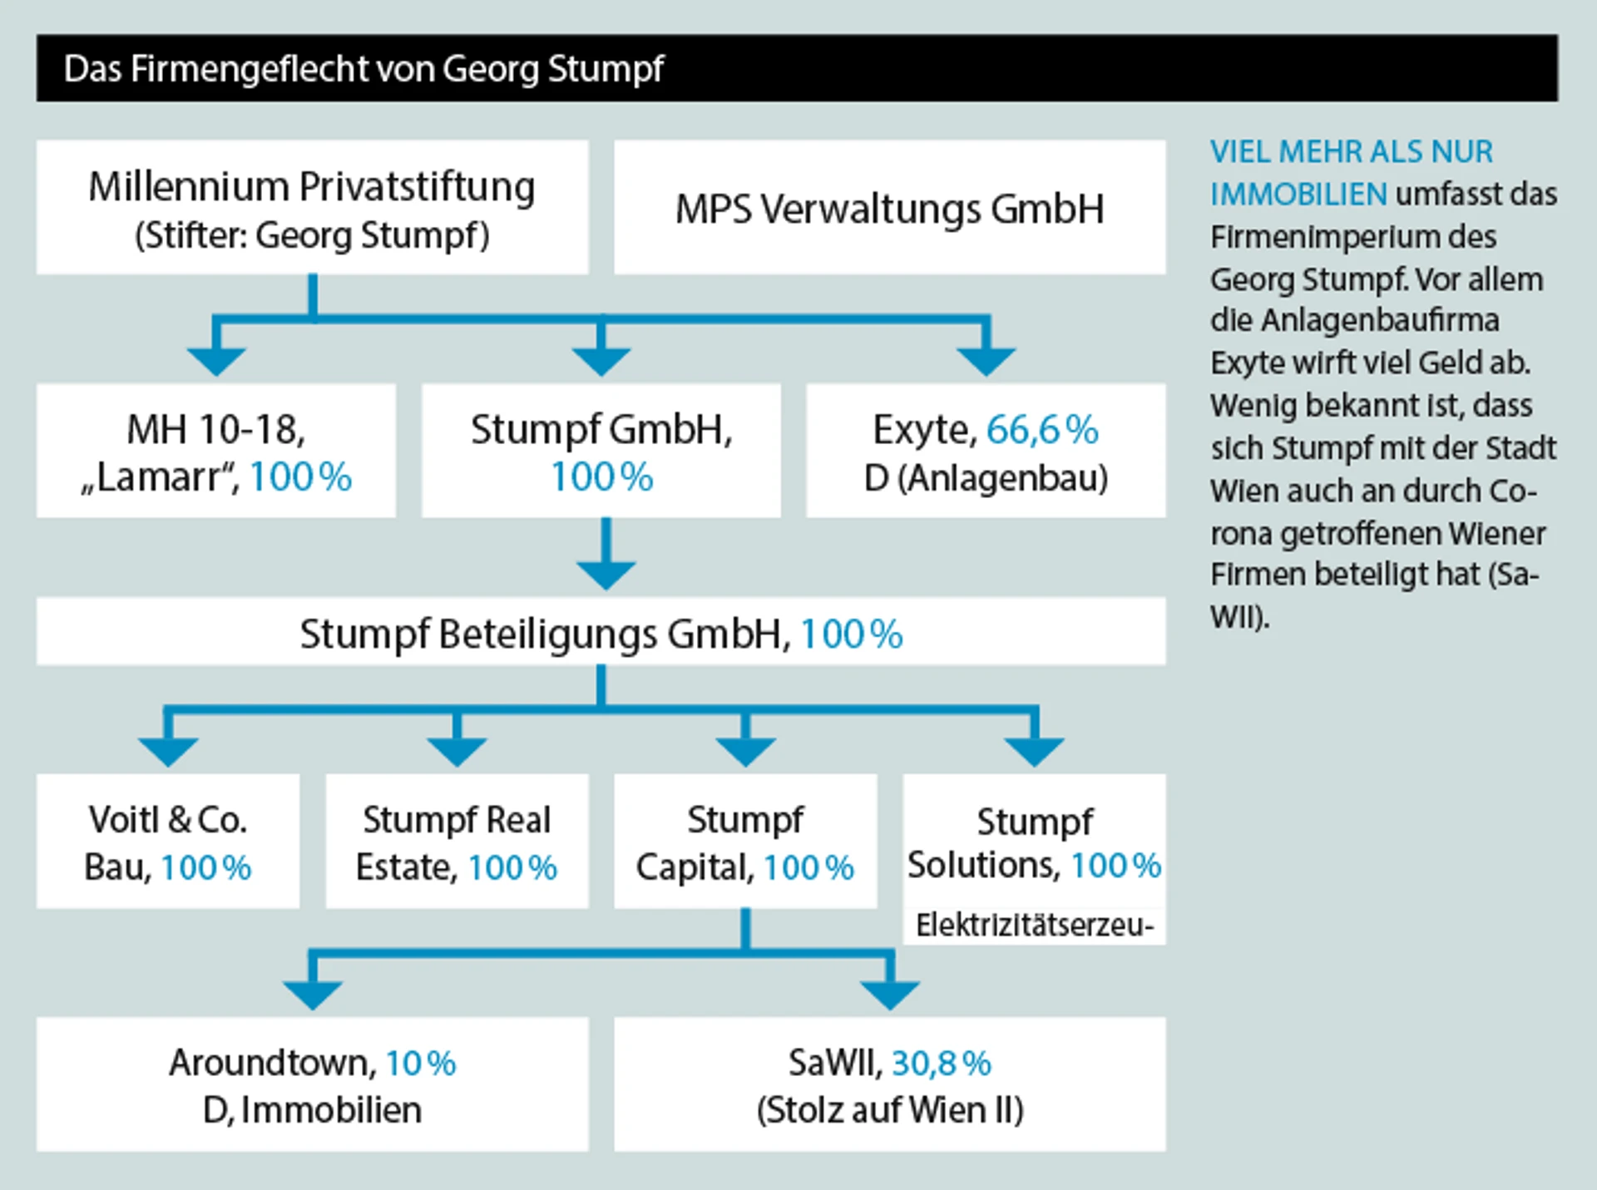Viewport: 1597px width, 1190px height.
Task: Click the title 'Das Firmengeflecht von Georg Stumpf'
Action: coord(363,69)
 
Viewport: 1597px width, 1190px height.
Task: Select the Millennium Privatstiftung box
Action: coord(312,208)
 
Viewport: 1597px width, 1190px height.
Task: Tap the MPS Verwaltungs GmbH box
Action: coord(889,208)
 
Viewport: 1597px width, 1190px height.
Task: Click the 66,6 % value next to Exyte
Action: coord(1041,430)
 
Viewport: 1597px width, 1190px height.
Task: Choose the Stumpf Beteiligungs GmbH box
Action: coord(601,634)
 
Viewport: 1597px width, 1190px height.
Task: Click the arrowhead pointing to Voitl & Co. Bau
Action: coord(168,751)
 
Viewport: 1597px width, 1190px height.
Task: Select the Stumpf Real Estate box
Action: coord(457,842)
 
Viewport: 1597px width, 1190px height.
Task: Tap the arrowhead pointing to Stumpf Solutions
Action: coord(1034,751)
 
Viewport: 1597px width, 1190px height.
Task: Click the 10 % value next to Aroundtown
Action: coord(420,1063)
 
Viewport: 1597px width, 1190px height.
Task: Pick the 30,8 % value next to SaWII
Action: coord(942,1063)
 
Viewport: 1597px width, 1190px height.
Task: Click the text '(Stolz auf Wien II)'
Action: coord(889,1110)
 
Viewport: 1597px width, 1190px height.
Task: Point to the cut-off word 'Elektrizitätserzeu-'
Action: coord(1034,925)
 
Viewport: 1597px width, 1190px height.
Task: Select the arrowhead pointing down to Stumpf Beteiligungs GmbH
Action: coord(606,574)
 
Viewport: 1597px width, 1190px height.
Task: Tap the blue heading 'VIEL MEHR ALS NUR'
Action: coord(1351,151)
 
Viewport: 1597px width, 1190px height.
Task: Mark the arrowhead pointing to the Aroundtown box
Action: coord(312,995)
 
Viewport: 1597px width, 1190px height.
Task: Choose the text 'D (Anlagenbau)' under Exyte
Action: coord(986,478)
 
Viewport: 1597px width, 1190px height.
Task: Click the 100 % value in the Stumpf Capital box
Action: coord(808,867)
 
